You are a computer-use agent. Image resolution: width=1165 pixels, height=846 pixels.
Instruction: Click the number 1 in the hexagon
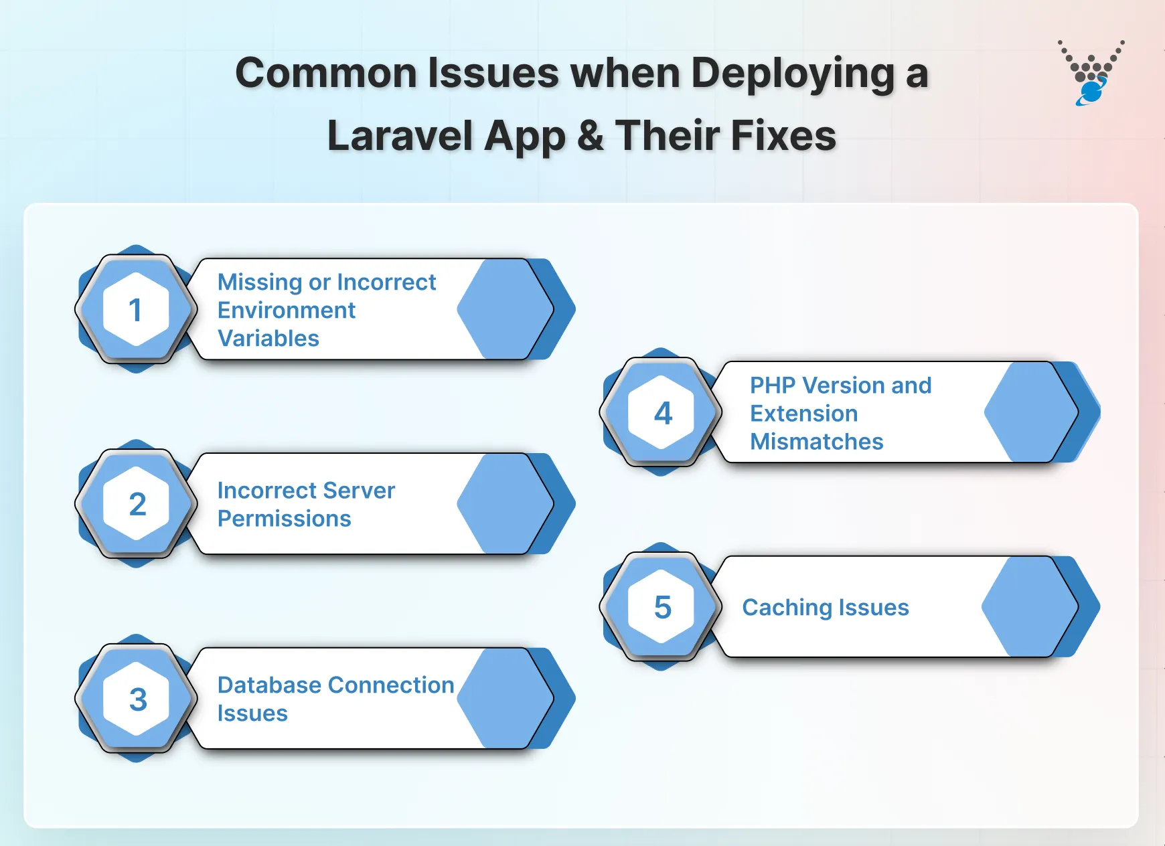pos(136,310)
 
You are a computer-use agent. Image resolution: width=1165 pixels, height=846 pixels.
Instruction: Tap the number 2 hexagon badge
pos(137,504)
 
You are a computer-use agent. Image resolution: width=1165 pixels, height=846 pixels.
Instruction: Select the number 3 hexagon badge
pos(137,699)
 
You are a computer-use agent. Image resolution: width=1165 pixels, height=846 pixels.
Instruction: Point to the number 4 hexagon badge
pos(662,413)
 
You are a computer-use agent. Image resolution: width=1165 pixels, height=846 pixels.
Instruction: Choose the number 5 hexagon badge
pos(662,607)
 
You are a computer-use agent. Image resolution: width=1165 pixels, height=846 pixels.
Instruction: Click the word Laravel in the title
pos(400,136)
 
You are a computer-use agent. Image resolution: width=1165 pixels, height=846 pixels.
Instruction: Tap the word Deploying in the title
pos(793,74)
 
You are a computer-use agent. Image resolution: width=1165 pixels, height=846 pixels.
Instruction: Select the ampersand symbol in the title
pos(591,136)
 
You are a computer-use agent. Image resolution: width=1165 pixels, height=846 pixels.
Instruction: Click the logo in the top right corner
pos(1091,74)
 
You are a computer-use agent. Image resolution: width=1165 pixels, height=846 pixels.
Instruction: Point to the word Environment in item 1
pos(286,311)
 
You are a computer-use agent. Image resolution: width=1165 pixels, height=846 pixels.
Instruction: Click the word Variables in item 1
pos(268,339)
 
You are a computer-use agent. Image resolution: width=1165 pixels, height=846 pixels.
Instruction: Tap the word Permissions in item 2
pos(284,519)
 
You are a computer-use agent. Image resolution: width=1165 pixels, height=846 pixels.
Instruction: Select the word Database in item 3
pos(269,685)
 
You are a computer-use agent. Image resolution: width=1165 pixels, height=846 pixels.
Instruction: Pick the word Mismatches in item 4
pos(816,442)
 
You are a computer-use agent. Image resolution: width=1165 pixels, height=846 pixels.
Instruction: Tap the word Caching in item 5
pos(786,608)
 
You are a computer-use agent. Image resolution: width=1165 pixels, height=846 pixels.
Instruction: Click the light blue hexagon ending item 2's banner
pos(503,504)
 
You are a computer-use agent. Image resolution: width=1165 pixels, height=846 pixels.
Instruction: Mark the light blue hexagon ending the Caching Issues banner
pos(1028,607)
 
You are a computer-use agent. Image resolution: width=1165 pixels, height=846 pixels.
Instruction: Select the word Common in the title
pos(326,74)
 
